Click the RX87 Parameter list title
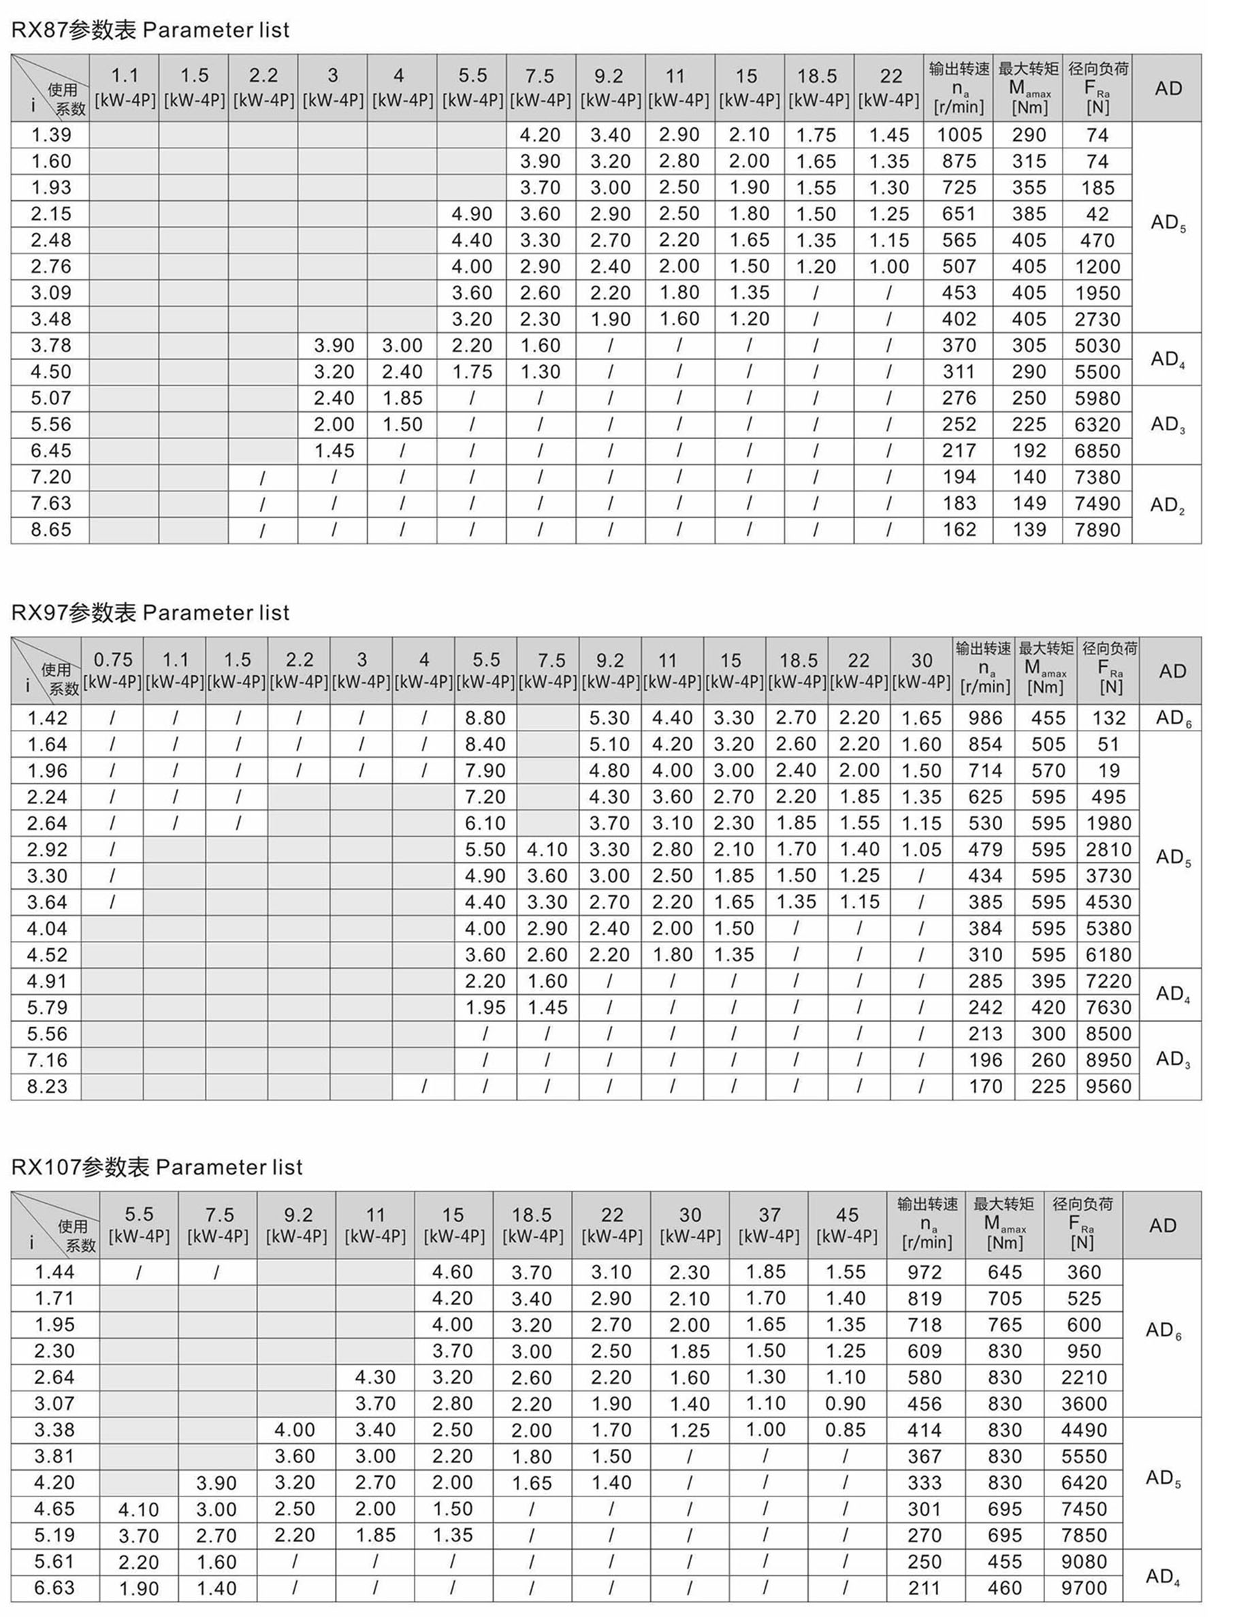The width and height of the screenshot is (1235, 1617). pos(150,30)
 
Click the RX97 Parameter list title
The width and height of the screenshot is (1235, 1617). pos(150,612)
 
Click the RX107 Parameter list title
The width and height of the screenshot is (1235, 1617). pos(157,1167)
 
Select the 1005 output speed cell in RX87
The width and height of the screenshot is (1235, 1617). pos(959,135)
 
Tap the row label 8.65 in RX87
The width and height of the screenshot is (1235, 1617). pos(51,530)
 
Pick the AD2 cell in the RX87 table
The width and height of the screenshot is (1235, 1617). pos(1168,505)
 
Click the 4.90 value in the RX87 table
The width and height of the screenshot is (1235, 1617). pos(471,214)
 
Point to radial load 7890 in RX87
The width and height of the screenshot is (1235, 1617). pos(1097,530)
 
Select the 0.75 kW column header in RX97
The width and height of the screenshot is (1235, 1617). pos(112,671)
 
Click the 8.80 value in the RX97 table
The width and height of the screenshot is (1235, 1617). pos(485,718)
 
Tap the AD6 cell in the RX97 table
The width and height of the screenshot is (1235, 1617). pos(1173,718)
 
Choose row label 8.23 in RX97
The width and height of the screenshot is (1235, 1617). pos(47,1087)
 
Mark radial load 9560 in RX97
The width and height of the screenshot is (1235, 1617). pos(1108,1087)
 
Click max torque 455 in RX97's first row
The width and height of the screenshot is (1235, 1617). pos(1048,718)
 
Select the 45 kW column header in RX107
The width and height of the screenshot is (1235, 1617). pos(847,1226)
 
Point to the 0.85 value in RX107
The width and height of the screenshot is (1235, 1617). pos(846,1430)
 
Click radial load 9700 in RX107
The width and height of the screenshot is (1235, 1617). pos(1084,1588)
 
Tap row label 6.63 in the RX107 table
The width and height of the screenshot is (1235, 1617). pos(54,1588)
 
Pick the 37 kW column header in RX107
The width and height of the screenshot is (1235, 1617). pos(768,1226)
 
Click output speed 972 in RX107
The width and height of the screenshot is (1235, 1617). pos(924,1272)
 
